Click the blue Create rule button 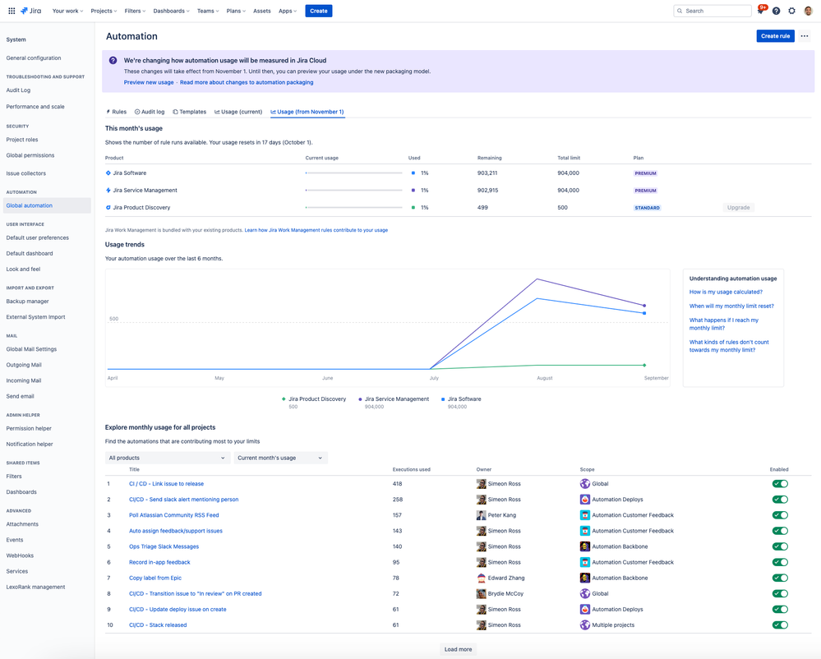[x=775, y=36]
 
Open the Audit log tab [x=150, y=112]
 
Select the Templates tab [x=190, y=112]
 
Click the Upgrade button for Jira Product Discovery [x=738, y=208]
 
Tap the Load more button [x=458, y=649]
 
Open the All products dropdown [x=167, y=458]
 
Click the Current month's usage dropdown [x=280, y=458]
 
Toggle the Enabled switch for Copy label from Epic [x=780, y=578]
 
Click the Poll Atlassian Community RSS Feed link [x=173, y=515]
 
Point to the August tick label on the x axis [x=544, y=378]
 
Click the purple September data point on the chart [x=644, y=306]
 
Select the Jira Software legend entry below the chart [x=464, y=399]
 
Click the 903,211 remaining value [x=487, y=173]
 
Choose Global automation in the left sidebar [x=30, y=205]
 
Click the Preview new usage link [x=149, y=82]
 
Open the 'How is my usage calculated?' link [x=726, y=292]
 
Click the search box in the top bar [x=713, y=11]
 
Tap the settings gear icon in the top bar [x=791, y=11]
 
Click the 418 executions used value [x=397, y=484]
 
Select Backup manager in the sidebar [x=27, y=302]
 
